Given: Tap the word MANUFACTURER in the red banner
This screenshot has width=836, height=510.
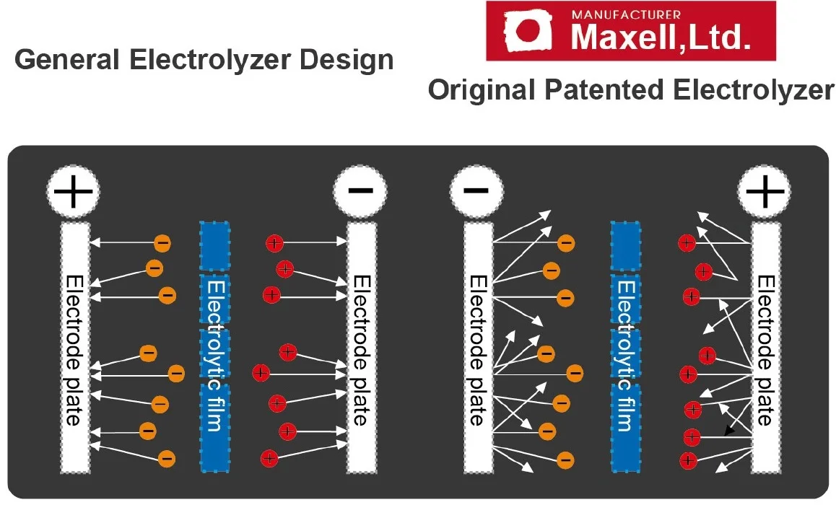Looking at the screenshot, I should pos(626,14).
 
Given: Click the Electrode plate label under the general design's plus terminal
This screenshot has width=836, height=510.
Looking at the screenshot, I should pos(74,350).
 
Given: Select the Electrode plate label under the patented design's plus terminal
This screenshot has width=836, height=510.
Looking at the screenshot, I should pos(765,350).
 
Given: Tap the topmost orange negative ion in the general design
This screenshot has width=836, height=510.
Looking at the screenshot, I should pos(163,243).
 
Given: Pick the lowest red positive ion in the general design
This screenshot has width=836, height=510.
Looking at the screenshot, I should pos(269,457).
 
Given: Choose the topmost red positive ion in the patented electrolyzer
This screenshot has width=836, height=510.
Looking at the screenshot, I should pos(687,243).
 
